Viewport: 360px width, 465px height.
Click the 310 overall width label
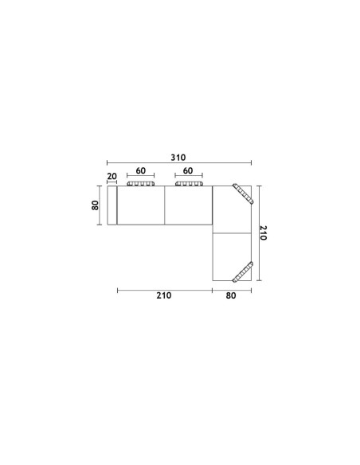178,158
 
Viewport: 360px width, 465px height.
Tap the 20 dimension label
112,176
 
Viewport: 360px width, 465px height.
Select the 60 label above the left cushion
140,171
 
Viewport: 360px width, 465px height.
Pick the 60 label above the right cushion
188,171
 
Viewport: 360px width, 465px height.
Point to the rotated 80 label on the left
96,205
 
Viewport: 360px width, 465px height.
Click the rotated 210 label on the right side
264,232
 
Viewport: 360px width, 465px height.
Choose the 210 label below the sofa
164,295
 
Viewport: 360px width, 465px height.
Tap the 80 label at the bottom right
231,295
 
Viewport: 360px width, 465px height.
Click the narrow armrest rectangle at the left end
112,205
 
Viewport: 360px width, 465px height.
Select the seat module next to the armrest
141,205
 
